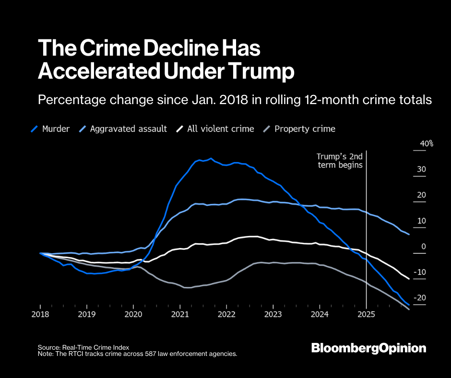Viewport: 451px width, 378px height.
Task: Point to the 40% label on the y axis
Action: click(x=427, y=143)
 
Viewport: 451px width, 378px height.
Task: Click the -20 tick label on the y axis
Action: click(x=420, y=298)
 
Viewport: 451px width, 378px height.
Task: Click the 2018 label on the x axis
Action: click(x=40, y=314)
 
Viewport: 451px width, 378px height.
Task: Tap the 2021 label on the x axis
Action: click(x=179, y=314)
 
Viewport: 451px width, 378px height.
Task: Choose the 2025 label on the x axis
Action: click(x=367, y=314)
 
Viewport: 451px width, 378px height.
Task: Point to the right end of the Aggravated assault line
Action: click(x=409, y=234)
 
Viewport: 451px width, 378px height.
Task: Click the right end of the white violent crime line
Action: click(x=409, y=278)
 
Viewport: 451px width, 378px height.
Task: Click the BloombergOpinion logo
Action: click(x=368, y=348)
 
